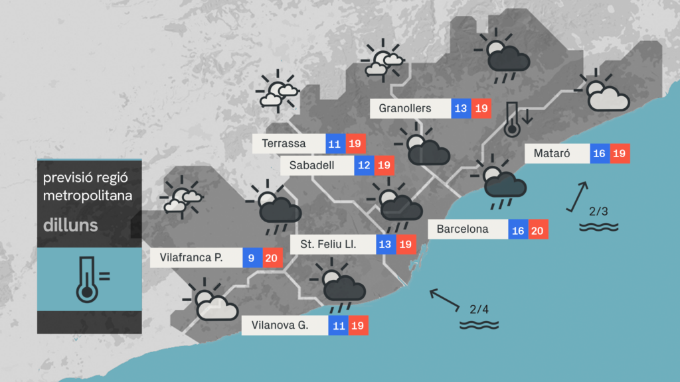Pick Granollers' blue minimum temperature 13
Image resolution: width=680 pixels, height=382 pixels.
pos(461,108)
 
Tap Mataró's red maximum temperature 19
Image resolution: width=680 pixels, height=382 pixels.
pos(620,154)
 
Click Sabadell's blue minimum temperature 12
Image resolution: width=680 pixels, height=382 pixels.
pos(363,165)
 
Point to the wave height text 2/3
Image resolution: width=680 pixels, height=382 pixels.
pos(598,212)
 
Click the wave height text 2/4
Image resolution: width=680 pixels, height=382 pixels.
pos(479,309)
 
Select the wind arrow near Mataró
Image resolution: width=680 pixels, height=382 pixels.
pos(578,196)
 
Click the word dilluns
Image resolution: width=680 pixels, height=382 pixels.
pos(70,225)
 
